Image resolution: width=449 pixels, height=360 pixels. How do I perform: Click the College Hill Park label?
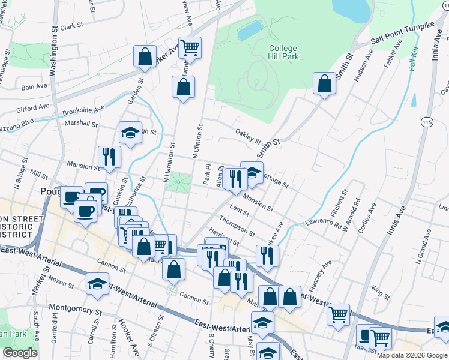(x=283, y=53)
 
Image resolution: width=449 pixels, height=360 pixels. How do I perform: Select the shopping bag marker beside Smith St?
(x=324, y=85)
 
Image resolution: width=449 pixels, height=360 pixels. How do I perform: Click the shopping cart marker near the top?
(x=190, y=47)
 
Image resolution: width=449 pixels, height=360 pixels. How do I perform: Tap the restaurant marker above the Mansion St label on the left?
(x=109, y=157)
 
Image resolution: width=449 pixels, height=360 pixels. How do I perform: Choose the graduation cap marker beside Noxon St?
(x=97, y=284)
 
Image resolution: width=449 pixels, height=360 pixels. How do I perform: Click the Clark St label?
(x=71, y=27)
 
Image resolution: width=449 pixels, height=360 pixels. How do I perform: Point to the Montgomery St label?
(x=76, y=311)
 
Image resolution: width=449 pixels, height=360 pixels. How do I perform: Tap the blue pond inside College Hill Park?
(x=250, y=30)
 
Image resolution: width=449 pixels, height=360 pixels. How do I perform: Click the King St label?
(x=381, y=292)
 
